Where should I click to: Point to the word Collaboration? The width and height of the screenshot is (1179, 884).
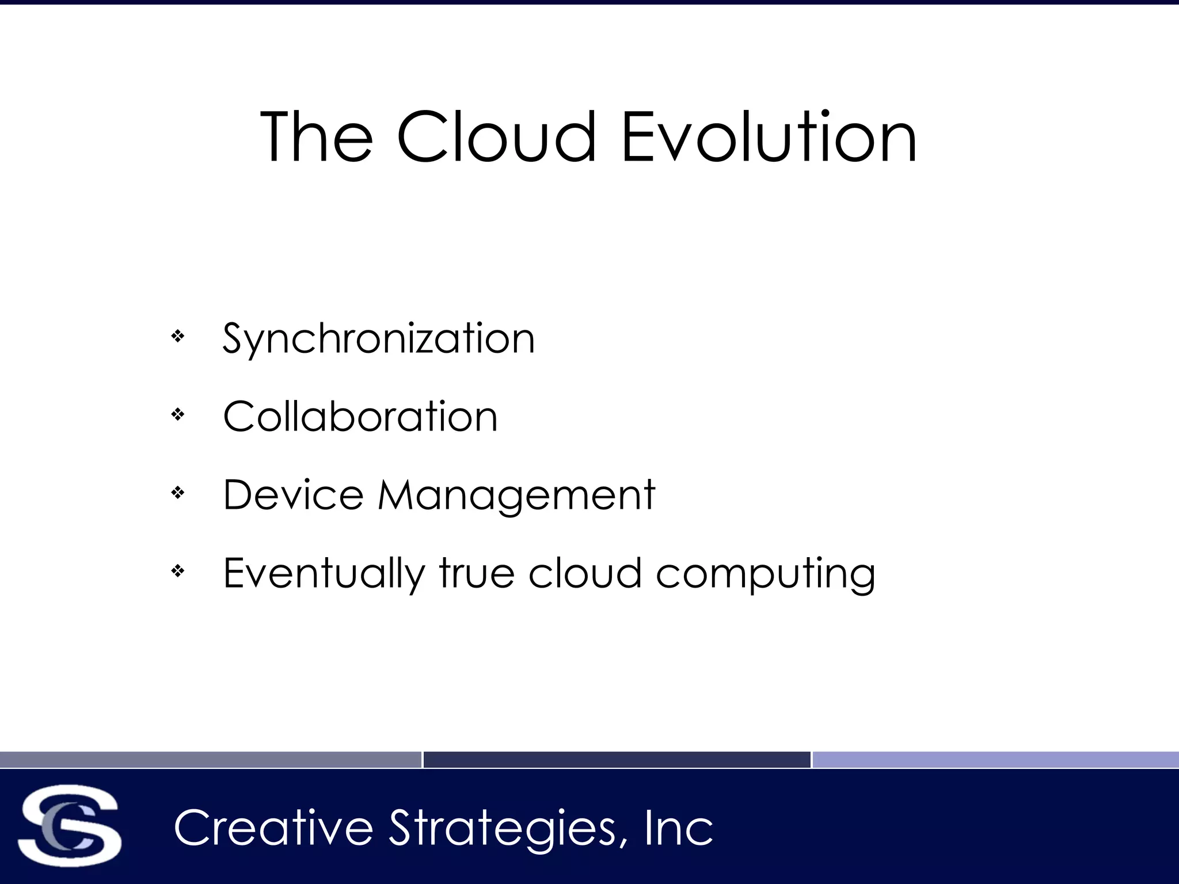pyautogui.click(x=360, y=417)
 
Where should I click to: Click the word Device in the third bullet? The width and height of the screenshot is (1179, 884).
pyautogui.click(x=293, y=495)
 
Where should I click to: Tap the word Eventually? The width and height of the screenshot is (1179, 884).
pyautogui.click(x=324, y=574)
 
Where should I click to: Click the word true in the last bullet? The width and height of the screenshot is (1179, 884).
pyautogui.click(x=477, y=573)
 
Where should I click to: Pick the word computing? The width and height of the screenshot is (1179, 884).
pyautogui.click(x=766, y=574)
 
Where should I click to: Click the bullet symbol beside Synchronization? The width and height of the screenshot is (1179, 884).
pyautogui.click(x=178, y=336)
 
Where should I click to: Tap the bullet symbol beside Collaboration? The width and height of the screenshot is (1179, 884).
pyautogui.click(x=178, y=414)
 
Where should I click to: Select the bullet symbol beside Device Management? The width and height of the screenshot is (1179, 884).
pyautogui.click(x=178, y=493)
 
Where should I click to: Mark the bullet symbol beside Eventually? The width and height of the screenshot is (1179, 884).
pyautogui.click(x=178, y=571)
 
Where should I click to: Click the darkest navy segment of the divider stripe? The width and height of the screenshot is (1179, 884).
pyautogui.click(x=617, y=760)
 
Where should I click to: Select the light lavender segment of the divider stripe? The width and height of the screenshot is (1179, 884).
pyautogui.click(x=995, y=760)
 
